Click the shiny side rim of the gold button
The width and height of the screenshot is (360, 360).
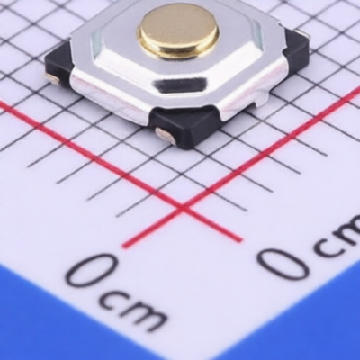pyautogui.click(x=177, y=49)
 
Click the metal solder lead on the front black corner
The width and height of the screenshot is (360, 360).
pyautogui.click(x=165, y=134)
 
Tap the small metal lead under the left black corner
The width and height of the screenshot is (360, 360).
pyautogui.click(x=52, y=79)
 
